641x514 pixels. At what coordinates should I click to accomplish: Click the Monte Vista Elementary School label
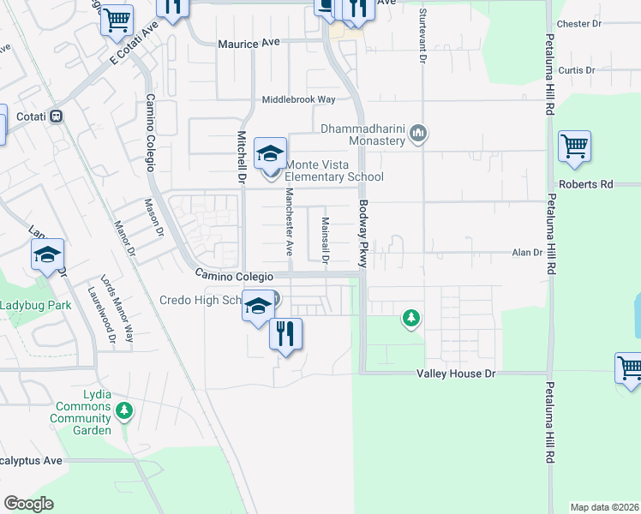coord(333,171)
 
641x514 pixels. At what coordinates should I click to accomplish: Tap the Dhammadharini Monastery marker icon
coord(419,134)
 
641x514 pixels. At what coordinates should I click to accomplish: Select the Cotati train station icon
coord(57,117)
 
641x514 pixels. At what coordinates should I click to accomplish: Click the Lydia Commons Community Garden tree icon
coord(123,411)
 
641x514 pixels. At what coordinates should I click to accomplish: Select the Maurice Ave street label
coord(249,42)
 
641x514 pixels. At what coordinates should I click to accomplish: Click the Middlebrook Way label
coord(298,99)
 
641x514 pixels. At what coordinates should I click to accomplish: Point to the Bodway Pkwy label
coord(362,235)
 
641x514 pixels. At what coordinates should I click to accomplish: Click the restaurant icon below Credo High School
coord(285,333)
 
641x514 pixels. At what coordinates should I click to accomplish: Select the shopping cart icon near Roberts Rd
coord(574,146)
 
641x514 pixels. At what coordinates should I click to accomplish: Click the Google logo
coord(28,504)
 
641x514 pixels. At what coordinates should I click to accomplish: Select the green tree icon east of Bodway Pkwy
coord(412,320)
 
